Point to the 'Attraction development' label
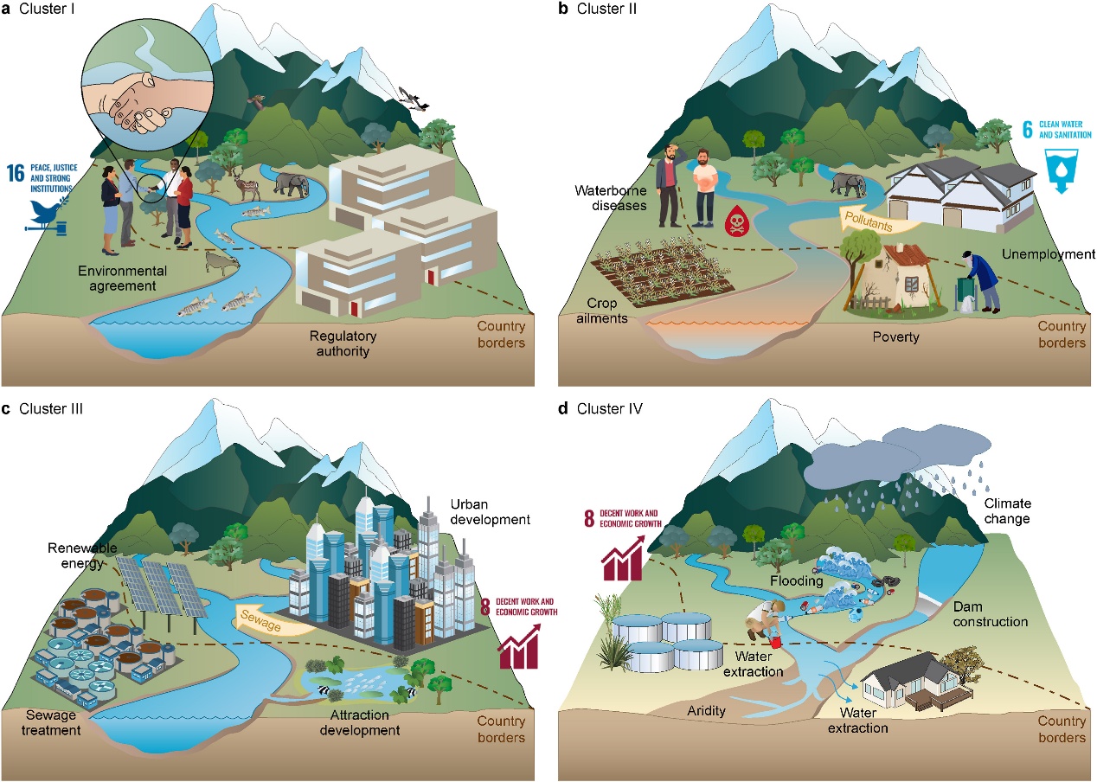click(x=359, y=723)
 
